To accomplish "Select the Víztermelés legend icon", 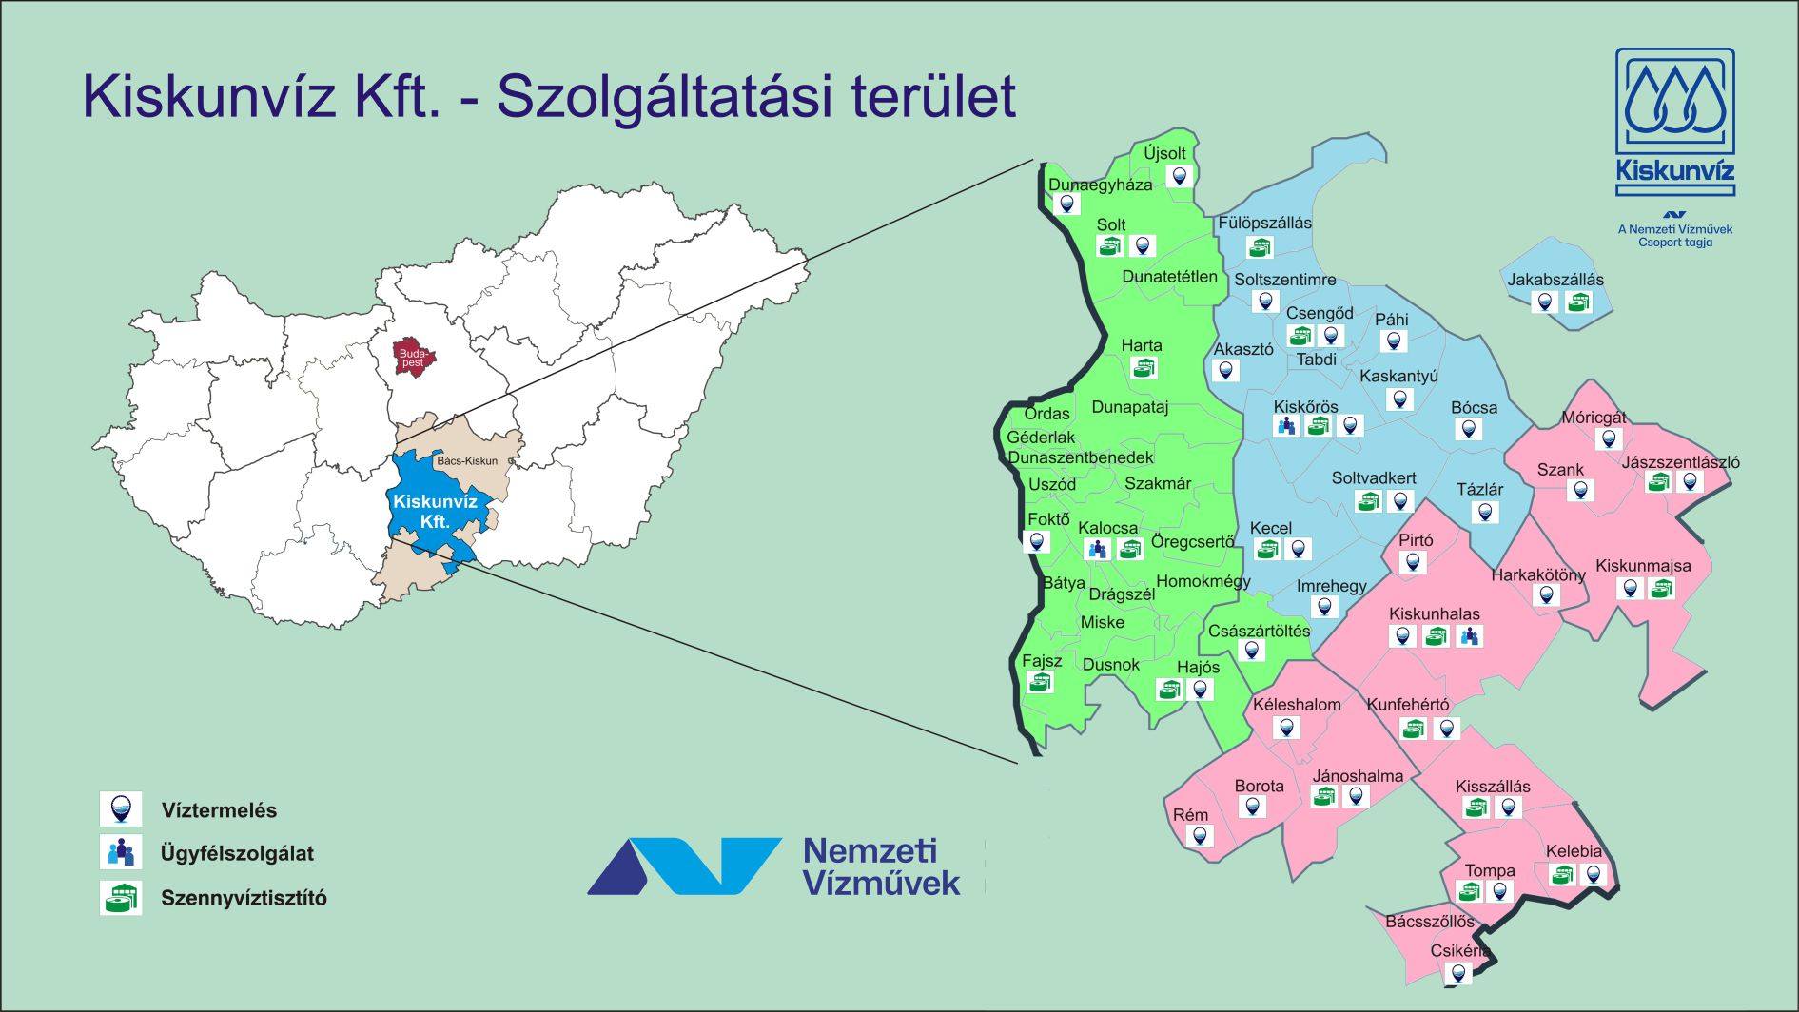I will pos(121,809).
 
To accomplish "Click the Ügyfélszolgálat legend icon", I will pos(121,852).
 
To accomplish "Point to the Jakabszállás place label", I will pos(1555,280).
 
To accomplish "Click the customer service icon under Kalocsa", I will pos(1097,549).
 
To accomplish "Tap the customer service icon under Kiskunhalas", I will pos(1469,636).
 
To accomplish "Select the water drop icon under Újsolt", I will pos(1180,176).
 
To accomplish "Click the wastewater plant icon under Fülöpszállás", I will pos(1261,247).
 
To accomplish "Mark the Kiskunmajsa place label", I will pos(1643,566).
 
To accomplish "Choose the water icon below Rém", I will pos(1201,837).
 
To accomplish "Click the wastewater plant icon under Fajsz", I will pos(1041,682).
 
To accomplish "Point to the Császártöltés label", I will pos(1259,631).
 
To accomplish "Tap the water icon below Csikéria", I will pos(1457,973).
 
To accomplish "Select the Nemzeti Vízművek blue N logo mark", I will pos(683,866).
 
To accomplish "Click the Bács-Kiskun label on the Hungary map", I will pos(466,461).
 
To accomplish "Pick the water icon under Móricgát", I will pos(1608,439).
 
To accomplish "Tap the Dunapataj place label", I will pos(1129,407).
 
